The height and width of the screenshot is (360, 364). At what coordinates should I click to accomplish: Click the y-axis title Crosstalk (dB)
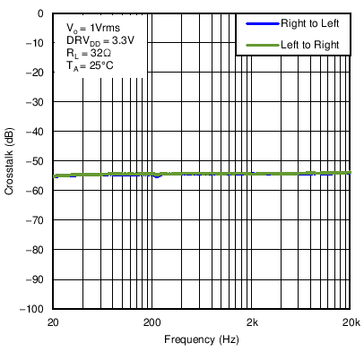pos(10,161)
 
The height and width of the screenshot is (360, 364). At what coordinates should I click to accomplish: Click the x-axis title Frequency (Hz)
pos(202,340)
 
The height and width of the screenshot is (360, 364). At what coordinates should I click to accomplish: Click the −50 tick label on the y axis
pos(36,161)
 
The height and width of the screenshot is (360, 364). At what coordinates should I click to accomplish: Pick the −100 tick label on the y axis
pos(33,309)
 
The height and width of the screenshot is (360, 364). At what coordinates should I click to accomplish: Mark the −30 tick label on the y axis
pos(36,103)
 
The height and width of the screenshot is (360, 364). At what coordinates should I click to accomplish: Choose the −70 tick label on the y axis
pos(36,220)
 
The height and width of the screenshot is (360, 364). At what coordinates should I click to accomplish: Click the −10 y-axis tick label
pos(36,44)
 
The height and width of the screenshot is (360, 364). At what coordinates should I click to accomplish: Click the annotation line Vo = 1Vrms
pos(92,28)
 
